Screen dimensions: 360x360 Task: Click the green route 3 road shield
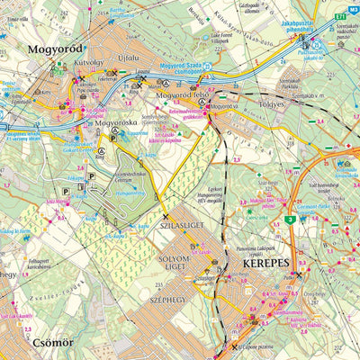290,219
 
